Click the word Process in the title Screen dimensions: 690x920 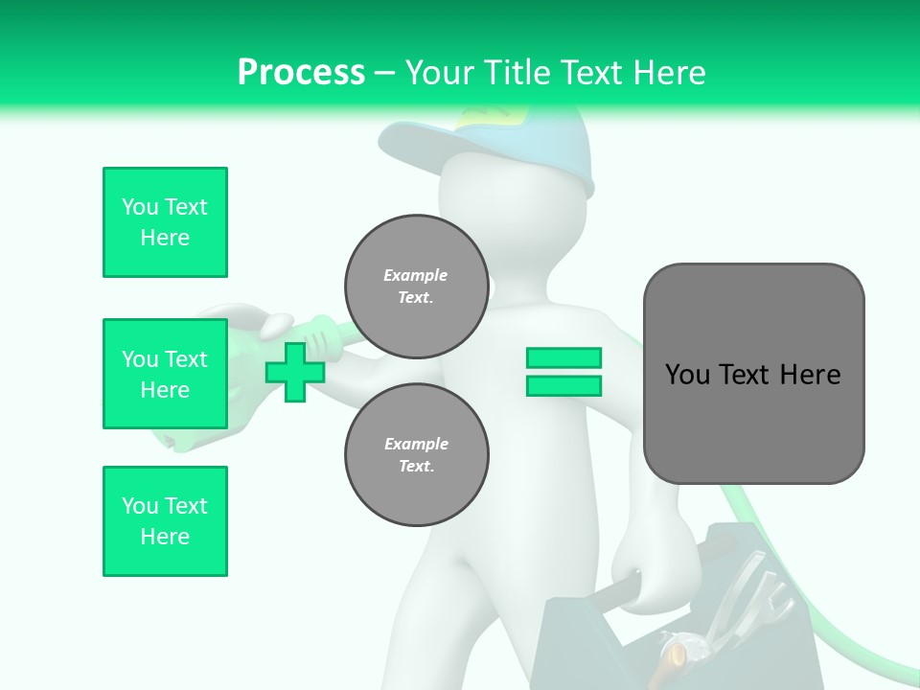pos(301,72)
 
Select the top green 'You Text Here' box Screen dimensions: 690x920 pos(165,222)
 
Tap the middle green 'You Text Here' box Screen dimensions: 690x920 pos(165,374)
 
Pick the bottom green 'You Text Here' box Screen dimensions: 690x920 pos(165,521)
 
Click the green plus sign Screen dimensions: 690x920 pos(295,372)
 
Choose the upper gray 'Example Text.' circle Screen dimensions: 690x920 pos(416,287)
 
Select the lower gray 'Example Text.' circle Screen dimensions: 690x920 pos(416,455)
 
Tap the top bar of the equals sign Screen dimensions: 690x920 pos(563,358)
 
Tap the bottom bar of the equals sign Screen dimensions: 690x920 pos(563,386)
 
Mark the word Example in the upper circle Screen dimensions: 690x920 pos(416,275)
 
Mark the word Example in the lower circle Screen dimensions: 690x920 pos(416,444)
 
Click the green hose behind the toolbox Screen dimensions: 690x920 pos(767,537)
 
